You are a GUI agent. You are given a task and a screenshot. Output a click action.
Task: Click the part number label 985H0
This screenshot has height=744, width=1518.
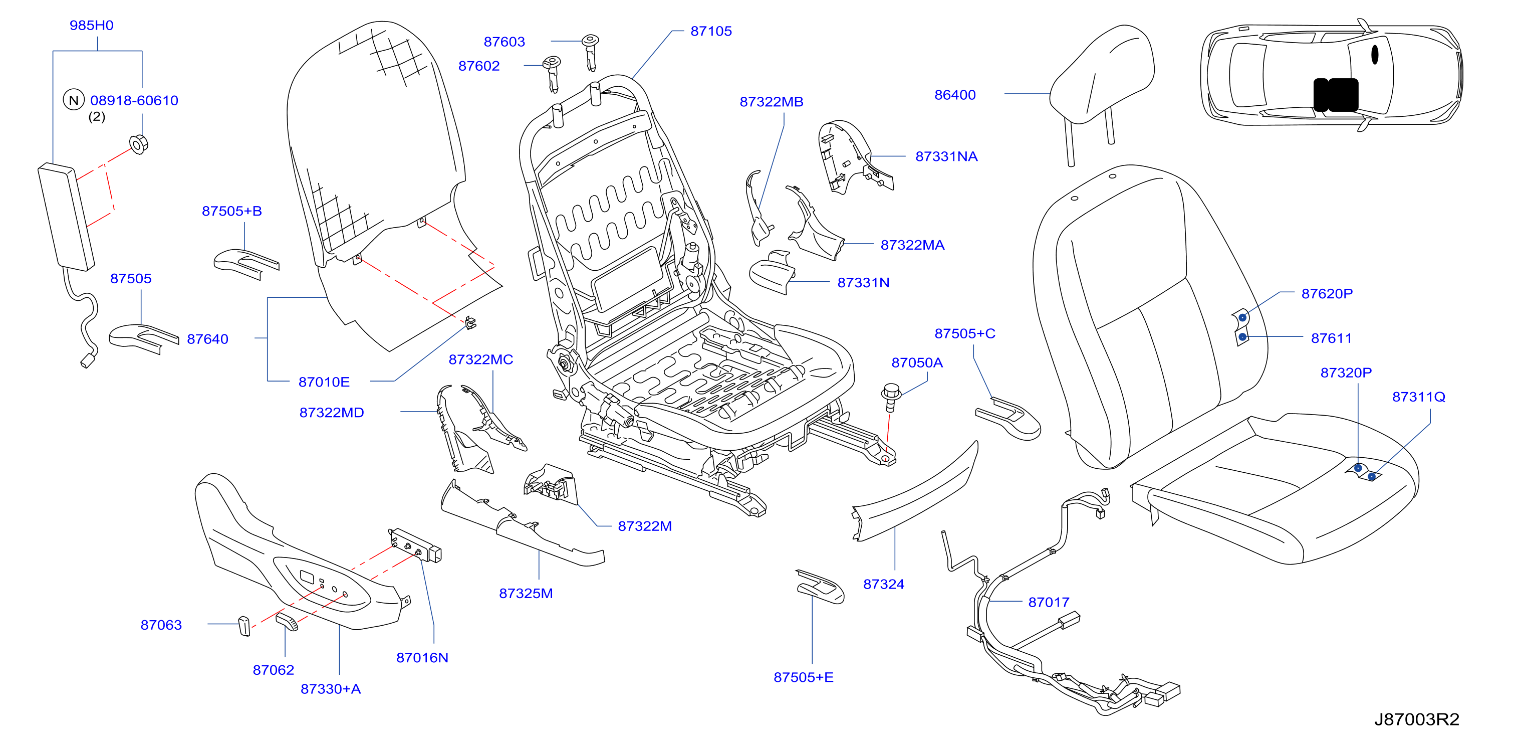click(91, 26)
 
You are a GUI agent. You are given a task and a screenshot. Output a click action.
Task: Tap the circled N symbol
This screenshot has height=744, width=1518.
click(74, 100)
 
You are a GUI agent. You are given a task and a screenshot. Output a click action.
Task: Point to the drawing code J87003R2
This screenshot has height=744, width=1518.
click(1417, 719)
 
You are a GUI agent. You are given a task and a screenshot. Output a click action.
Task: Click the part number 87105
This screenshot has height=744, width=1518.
click(711, 31)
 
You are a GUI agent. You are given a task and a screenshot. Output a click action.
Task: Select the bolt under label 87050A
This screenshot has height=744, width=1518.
click(891, 397)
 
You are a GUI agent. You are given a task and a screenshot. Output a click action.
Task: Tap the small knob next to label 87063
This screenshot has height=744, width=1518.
click(244, 626)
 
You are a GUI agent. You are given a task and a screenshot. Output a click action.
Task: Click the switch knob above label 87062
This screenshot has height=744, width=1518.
click(288, 621)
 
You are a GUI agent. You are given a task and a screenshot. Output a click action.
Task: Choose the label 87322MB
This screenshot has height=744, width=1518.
click(772, 102)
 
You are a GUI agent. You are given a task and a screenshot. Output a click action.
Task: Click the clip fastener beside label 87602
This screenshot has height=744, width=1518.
click(552, 73)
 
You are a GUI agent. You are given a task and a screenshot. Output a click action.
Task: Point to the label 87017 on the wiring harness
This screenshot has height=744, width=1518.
click(1049, 602)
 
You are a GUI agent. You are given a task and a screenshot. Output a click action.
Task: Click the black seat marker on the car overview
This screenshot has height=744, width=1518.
click(1336, 95)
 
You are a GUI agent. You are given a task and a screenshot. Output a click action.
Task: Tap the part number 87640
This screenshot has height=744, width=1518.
click(207, 339)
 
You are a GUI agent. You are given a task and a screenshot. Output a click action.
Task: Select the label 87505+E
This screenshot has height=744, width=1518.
click(803, 677)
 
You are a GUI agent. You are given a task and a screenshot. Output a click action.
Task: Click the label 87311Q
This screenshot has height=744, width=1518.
click(1418, 397)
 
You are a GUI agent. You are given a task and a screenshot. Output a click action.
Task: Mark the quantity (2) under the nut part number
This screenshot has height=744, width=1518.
click(97, 117)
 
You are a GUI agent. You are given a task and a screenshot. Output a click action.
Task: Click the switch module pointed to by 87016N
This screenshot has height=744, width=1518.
click(414, 546)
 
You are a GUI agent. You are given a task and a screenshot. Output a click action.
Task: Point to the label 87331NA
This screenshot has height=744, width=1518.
click(946, 156)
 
